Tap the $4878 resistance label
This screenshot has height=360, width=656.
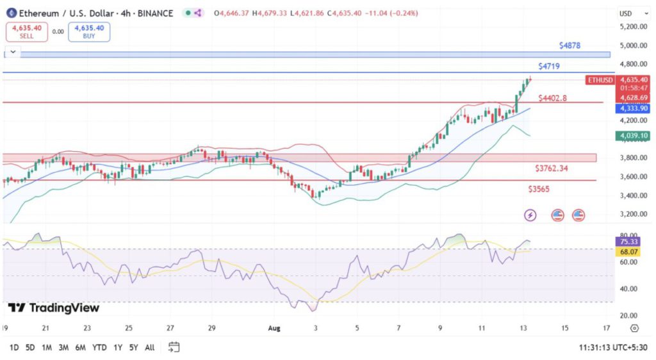(x=570, y=45)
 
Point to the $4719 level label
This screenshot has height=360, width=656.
(x=550, y=66)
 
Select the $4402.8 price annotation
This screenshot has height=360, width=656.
(x=552, y=98)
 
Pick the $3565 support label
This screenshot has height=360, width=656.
(x=539, y=189)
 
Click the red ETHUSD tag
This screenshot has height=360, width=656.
(x=600, y=80)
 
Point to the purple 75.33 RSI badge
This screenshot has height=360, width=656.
(x=625, y=241)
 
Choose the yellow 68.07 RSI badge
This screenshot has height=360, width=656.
(x=625, y=252)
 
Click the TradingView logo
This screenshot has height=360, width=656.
(x=54, y=308)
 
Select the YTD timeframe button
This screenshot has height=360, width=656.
(x=99, y=347)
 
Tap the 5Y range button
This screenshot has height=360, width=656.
(x=133, y=347)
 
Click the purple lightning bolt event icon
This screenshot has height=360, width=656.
(x=530, y=215)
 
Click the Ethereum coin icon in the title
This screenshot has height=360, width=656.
(x=10, y=13)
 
